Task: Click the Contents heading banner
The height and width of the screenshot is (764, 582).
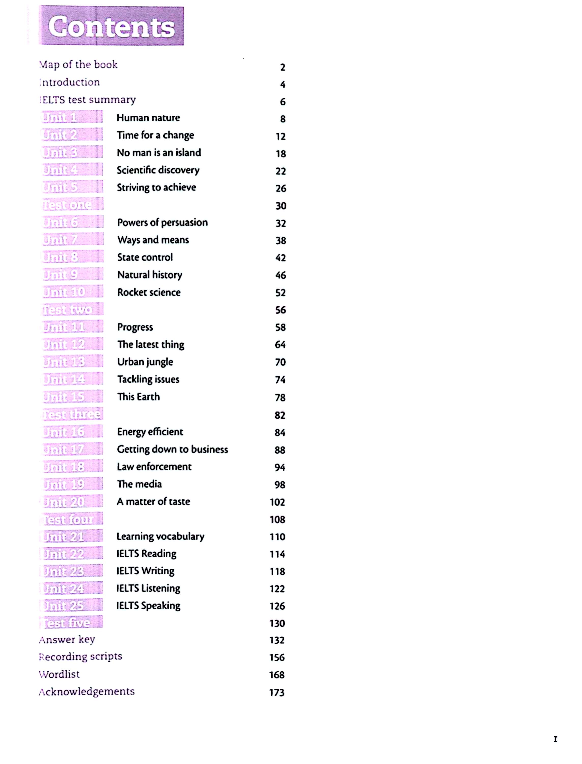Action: (111, 26)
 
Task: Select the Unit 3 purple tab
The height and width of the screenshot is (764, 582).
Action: (72, 152)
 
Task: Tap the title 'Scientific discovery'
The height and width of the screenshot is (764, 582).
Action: (158, 170)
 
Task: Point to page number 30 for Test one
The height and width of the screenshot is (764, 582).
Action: (281, 206)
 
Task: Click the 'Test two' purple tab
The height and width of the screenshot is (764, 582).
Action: (72, 309)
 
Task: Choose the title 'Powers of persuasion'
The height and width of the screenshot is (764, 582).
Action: (162, 223)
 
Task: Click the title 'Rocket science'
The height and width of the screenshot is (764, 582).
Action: (149, 292)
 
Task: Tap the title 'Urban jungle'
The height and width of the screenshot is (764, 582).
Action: (145, 362)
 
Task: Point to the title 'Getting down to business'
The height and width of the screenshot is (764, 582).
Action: (173, 449)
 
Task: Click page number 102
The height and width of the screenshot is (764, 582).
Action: (277, 502)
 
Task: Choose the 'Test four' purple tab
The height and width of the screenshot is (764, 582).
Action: (72, 519)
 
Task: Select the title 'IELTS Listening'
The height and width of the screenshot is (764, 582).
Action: (148, 588)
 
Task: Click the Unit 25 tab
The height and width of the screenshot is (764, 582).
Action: (72, 605)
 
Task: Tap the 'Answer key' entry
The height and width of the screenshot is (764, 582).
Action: (67, 639)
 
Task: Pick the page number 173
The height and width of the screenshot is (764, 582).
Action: (277, 692)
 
